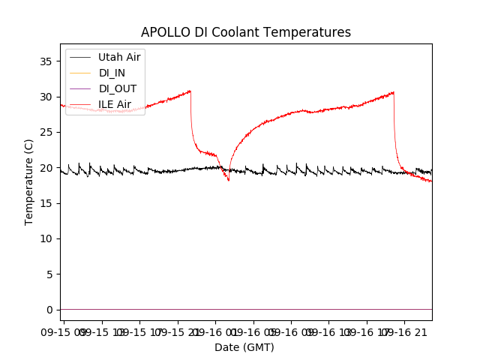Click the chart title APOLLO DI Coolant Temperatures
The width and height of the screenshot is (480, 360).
coord(246,32)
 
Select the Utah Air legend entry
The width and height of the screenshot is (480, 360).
coord(119,57)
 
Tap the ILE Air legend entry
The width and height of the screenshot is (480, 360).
coord(115,104)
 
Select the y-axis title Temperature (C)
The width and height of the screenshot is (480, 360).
coord(29,181)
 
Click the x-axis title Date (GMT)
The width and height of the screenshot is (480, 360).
coord(244,347)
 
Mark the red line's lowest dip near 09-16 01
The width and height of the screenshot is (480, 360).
coord(229,180)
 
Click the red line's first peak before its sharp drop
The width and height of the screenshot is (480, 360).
coord(190,91)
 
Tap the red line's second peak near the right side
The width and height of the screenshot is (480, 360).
coord(393,92)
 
